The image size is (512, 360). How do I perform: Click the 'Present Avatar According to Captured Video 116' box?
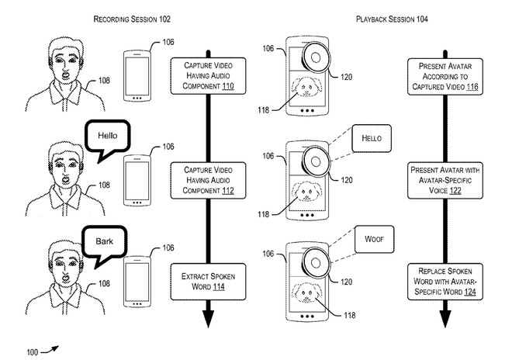click(x=445, y=75)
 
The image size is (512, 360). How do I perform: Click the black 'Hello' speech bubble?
click(x=108, y=137)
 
